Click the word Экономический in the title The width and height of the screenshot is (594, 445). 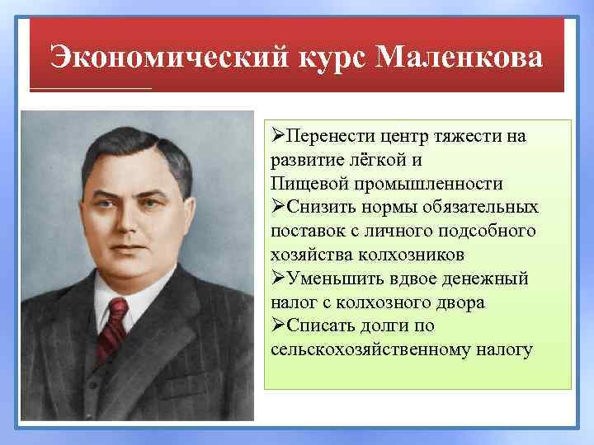[x=165, y=59]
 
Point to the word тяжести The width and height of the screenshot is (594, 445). [x=468, y=135]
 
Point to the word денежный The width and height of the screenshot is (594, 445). [x=488, y=279]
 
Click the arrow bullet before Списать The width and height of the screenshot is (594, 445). [x=277, y=326]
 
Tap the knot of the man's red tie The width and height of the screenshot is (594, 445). [x=116, y=312]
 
